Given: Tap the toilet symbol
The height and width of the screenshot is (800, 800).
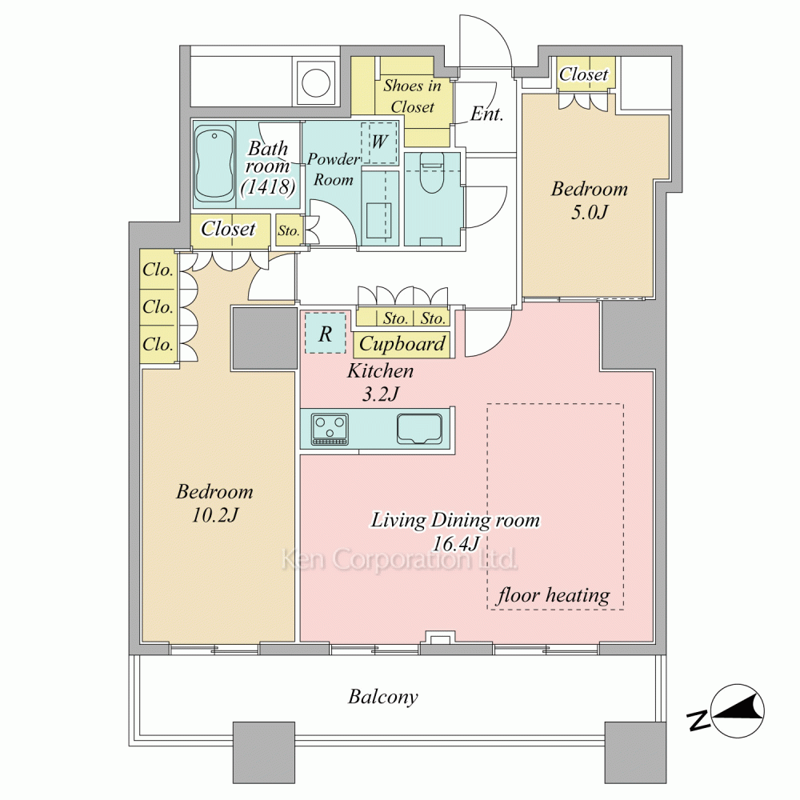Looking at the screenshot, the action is pyautogui.click(x=432, y=173).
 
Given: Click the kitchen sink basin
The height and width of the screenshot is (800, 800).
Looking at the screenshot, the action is pyautogui.click(x=419, y=429).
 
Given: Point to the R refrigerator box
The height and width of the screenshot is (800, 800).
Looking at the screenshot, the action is pyautogui.click(x=326, y=334).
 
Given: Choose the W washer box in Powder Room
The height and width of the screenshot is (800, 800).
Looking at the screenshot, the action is pyautogui.click(x=378, y=142).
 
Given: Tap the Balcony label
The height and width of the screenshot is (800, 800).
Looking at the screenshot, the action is pyautogui.click(x=382, y=697).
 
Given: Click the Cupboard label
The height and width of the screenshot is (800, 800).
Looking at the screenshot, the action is pyautogui.click(x=402, y=344).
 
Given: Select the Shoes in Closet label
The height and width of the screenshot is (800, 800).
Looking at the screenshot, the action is pyautogui.click(x=412, y=96).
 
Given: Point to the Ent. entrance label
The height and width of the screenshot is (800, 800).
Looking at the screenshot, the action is pyautogui.click(x=486, y=114).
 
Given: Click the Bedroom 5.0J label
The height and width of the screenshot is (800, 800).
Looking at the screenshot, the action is pyautogui.click(x=590, y=200).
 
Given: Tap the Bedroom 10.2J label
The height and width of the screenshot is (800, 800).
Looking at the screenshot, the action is pyautogui.click(x=214, y=503).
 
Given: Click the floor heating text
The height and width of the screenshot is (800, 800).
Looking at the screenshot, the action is pyautogui.click(x=554, y=595).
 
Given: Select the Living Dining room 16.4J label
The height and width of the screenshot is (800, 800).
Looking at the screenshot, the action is pyautogui.click(x=455, y=531).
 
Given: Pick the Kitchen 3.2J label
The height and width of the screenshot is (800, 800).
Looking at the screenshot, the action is pyautogui.click(x=380, y=382).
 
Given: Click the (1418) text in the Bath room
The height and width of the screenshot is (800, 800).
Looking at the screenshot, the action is pyautogui.click(x=268, y=186).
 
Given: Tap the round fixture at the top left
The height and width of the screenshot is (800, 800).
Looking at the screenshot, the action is pyautogui.click(x=316, y=82).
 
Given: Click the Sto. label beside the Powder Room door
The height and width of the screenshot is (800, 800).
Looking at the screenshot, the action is pyautogui.click(x=288, y=230).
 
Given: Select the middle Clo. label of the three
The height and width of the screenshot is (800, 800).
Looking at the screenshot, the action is pyautogui.click(x=158, y=307).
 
